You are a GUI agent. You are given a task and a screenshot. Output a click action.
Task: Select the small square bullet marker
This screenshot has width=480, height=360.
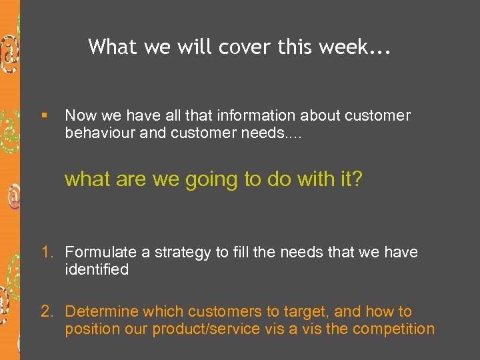[x=44, y=116]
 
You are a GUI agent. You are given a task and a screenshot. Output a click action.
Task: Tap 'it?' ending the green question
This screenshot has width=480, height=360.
[x=349, y=179]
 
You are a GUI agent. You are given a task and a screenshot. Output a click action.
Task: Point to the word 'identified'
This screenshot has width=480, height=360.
[x=97, y=269]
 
